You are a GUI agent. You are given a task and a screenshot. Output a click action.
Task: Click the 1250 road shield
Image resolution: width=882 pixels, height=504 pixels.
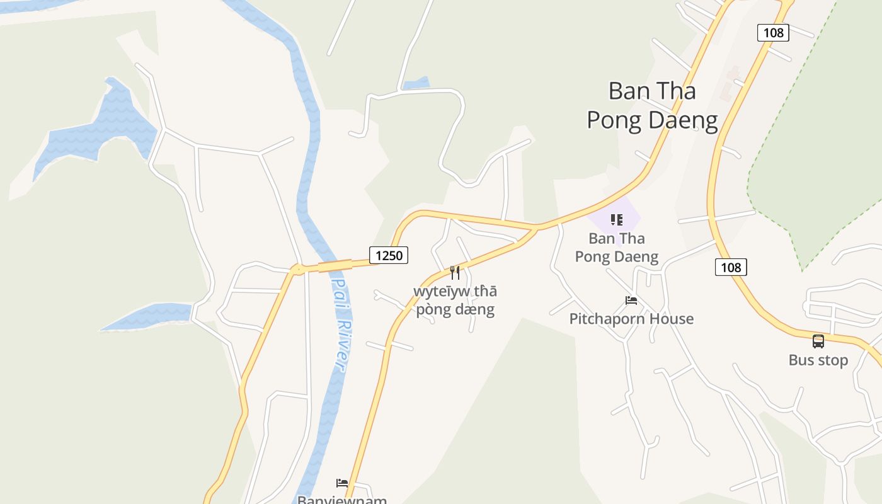pyautogui.click(x=389, y=255)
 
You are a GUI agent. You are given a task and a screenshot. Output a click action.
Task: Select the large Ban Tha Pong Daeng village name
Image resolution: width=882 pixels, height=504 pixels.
pyautogui.click(x=652, y=105)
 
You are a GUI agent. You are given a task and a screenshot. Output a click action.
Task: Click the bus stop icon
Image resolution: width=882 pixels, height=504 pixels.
pyautogui.click(x=818, y=341)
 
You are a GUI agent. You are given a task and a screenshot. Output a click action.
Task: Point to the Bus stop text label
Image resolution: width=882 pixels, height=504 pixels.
pyautogui.click(x=818, y=360)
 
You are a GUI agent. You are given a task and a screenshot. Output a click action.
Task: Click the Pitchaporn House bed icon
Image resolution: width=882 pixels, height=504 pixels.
pyautogui.click(x=631, y=301)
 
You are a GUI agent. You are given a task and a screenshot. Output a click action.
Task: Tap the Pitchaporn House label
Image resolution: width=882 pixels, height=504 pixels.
pyautogui.click(x=631, y=319)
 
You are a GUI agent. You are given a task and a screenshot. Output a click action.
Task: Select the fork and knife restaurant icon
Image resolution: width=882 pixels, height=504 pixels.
pyautogui.click(x=455, y=273)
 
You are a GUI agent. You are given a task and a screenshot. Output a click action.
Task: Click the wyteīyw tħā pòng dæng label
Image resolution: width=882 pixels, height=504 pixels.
pyautogui.click(x=455, y=301)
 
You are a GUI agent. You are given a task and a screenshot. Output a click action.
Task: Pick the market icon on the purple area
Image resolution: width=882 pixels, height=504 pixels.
pyautogui.click(x=616, y=220)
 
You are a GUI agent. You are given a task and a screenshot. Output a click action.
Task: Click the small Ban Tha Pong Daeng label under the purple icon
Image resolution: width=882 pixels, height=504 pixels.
pyautogui.click(x=617, y=248)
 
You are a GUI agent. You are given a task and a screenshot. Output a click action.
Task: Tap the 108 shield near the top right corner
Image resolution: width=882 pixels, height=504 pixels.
pyautogui.click(x=773, y=32)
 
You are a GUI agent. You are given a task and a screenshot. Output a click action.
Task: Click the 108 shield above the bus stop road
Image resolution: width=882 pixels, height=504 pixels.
pyautogui.click(x=731, y=267)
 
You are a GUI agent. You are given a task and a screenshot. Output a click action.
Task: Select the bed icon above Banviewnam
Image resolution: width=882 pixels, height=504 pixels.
pyautogui.click(x=342, y=483)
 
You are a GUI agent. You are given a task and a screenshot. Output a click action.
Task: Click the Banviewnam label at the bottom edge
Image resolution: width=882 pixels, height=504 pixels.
pyautogui.click(x=342, y=500)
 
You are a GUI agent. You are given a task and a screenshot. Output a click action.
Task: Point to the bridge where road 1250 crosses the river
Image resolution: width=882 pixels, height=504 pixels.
pyautogui.click(x=334, y=266)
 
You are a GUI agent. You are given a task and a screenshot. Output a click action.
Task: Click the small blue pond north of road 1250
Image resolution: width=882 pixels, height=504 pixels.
pyautogui.click(x=416, y=83)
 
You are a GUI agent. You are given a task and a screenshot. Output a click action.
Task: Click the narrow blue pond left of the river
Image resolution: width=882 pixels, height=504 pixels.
pyautogui.click(x=151, y=316)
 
